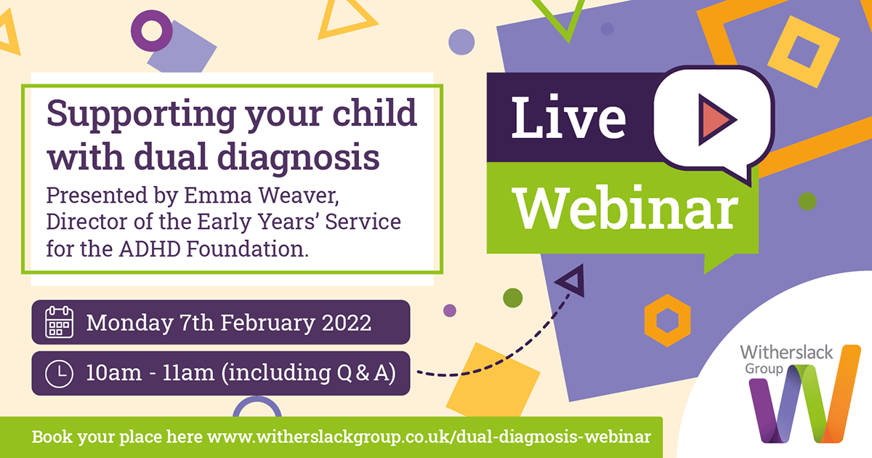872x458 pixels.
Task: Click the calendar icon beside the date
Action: (x=59, y=321)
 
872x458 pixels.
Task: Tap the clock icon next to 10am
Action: (x=59, y=374)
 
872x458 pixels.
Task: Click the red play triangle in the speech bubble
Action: (x=717, y=119)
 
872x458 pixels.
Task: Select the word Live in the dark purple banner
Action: (x=568, y=117)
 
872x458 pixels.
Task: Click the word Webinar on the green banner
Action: (x=625, y=208)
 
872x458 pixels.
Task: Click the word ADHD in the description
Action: (x=150, y=249)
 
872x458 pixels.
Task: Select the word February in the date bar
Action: (x=268, y=324)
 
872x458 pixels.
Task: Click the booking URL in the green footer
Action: (x=429, y=437)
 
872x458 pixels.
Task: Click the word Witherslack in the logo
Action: (x=786, y=353)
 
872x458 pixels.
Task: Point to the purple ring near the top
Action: (x=151, y=31)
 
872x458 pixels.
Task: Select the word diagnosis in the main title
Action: (x=298, y=158)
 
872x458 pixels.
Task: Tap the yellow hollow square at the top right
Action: (x=804, y=52)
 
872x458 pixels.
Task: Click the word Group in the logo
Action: (x=764, y=369)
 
